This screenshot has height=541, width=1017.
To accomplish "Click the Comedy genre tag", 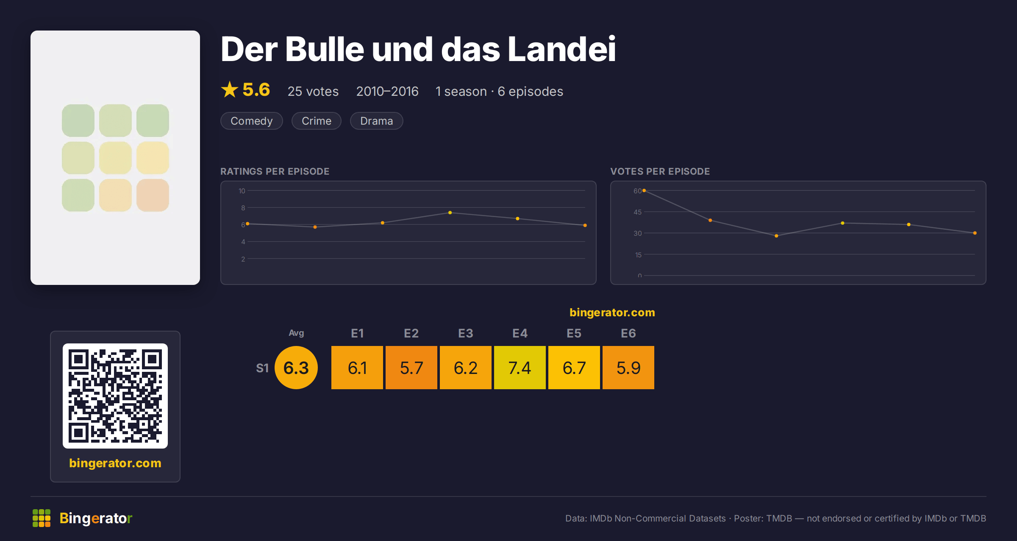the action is coord(251,121).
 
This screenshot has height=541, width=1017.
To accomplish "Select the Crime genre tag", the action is coord(316,121).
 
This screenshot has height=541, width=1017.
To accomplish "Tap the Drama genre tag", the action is coord(376,121).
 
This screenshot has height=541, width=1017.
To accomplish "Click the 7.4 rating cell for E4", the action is coord(520,368).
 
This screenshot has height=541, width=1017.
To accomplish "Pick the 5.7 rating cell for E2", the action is coord(411,368).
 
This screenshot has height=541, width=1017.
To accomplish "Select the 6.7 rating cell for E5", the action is coord(574,368).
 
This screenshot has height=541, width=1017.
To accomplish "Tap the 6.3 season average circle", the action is coord(296,368).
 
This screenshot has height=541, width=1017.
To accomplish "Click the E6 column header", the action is coord(628,333).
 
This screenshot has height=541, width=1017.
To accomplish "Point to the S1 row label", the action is coord(262,368).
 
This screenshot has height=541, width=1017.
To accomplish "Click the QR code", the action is coord(115,396).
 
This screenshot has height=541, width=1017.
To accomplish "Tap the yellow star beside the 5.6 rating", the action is coord(230,89).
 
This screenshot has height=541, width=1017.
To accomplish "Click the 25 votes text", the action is coord(313,91).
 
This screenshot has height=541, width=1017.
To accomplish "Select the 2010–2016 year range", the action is coord(387,91).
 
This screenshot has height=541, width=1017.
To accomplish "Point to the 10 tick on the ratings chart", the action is coord(242,191).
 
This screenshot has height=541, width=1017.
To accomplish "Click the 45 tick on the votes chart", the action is coord(637,212).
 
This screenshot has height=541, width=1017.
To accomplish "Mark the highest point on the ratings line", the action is coord(450,212).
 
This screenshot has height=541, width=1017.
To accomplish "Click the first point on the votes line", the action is coord(644,190).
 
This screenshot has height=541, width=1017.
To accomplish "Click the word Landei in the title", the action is coord(561,49).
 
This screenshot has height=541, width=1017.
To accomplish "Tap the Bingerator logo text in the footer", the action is coord(96,518).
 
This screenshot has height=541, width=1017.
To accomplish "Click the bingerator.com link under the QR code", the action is coord(115,463).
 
